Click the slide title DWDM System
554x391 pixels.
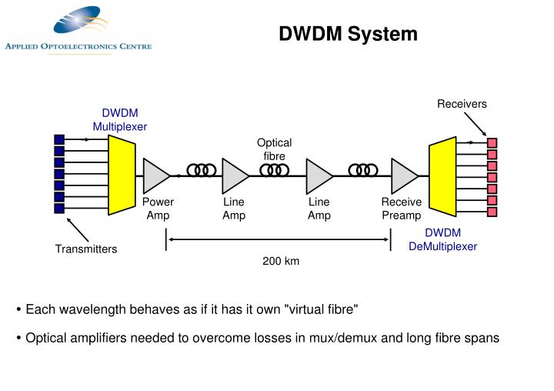coord(348,34)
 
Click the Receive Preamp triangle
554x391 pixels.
coord(404,175)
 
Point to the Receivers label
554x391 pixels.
coord(462,104)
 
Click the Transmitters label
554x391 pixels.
coord(85,249)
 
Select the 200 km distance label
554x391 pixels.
coord(280,261)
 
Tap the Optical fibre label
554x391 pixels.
coord(274,149)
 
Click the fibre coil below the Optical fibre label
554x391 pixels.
coord(275,170)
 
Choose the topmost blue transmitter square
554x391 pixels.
coord(58,139)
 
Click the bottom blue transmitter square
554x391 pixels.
coord(58,208)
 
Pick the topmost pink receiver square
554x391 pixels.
coord(492,142)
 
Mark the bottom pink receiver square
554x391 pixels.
coord(492,212)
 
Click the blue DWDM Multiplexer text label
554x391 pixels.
coord(120,119)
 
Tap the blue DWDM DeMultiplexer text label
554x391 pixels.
coord(442,239)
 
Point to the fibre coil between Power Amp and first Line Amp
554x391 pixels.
coord(200,170)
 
